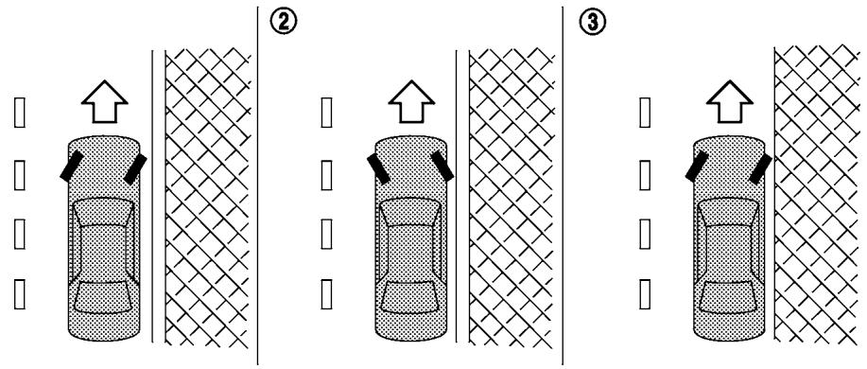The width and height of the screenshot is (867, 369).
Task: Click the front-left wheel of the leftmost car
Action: pos(68,167)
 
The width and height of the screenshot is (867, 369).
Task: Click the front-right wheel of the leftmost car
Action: pos(134,167)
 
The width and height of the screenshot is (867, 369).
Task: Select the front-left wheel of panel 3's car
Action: pos(694,167)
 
